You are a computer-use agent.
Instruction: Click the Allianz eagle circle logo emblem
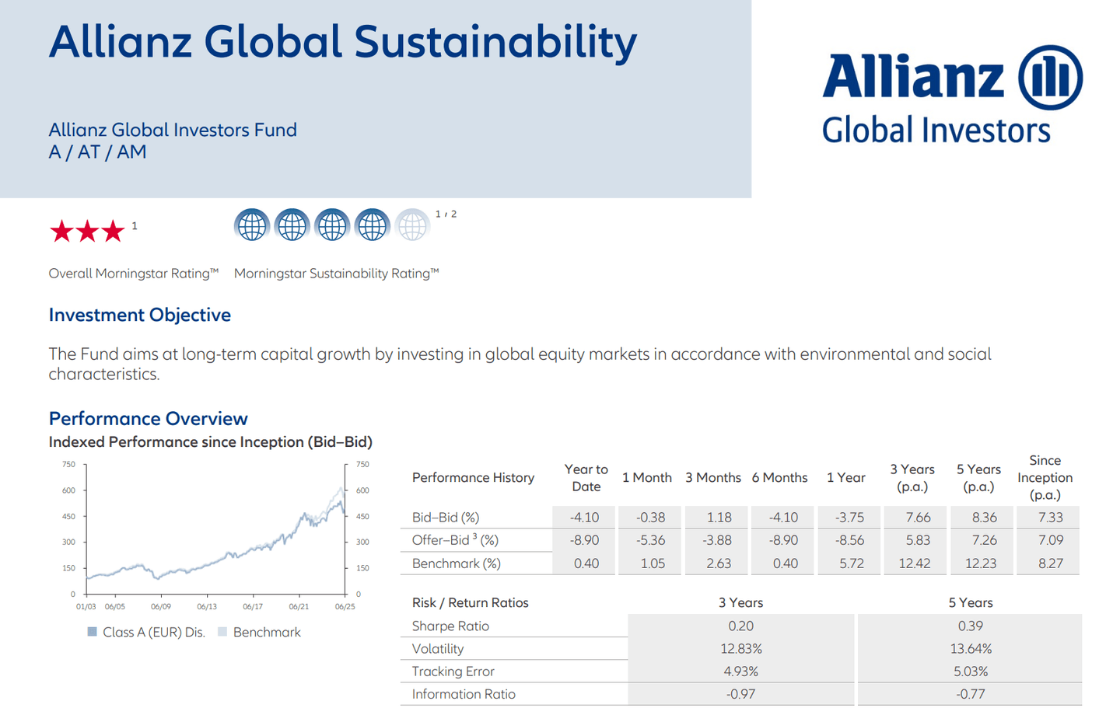1050,77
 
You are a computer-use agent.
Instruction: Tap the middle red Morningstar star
87,231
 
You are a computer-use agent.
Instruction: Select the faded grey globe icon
412,226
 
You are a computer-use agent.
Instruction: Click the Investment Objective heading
140,315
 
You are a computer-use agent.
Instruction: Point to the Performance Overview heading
148,418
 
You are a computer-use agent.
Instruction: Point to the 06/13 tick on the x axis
207,606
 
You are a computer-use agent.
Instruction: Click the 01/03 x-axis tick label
86,606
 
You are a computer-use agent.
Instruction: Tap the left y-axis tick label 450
69,516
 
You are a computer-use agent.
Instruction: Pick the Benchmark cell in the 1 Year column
851,563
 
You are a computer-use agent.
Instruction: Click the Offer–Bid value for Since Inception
1050,540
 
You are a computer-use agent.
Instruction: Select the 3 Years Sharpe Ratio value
740,626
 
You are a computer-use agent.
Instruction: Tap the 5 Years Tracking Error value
970,671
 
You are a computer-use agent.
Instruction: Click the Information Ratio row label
464,694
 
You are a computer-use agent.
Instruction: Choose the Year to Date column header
586,477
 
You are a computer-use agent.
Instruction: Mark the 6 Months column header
779,477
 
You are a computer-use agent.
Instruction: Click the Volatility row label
438,648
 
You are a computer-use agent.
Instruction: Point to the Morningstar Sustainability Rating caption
336,274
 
